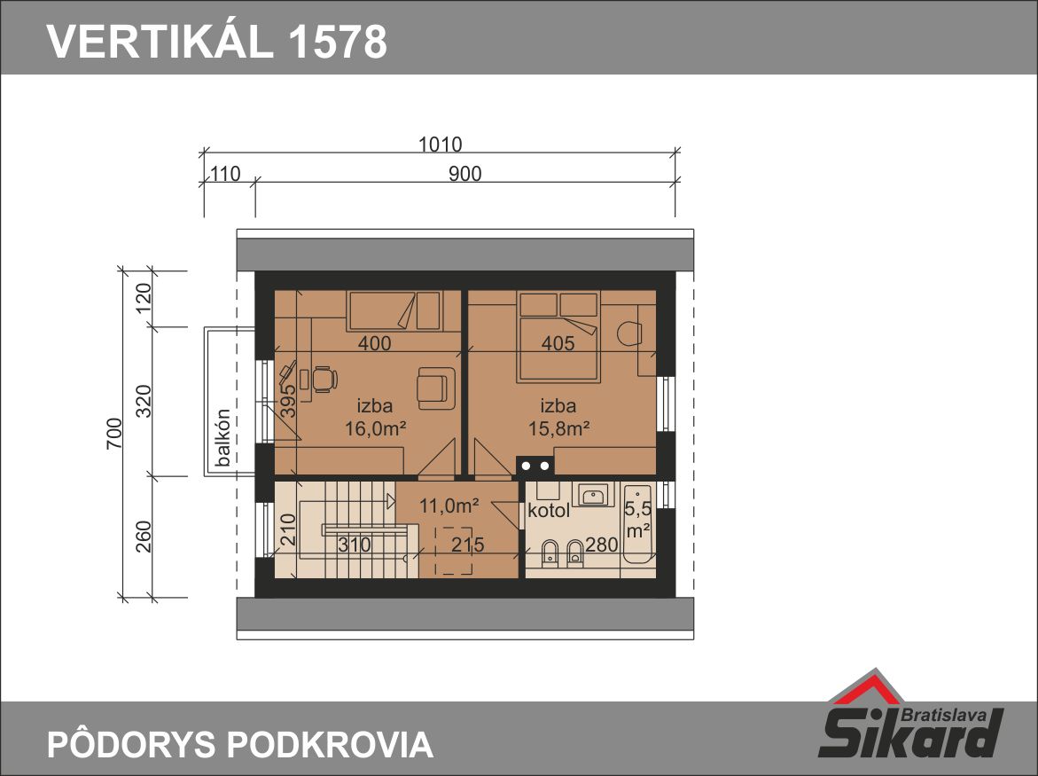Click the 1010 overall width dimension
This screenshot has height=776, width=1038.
point(441,144)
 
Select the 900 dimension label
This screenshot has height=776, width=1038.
point(464,174)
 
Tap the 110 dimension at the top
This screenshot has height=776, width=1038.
point(224,174)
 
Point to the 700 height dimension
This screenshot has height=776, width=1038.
point(114,434)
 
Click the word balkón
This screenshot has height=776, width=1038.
point(223,437)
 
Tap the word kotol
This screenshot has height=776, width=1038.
point(549,511)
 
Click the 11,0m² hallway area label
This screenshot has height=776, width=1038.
point(449,506)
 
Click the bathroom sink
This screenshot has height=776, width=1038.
point(595,494)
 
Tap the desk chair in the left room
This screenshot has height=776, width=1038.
point(324,380)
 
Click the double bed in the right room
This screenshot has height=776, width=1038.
point(559,336)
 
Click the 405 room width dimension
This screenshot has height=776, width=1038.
point(558,343)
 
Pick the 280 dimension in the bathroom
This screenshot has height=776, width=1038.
point(602,545)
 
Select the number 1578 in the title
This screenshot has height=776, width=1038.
point(338,41)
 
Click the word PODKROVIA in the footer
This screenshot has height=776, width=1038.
point(331,743)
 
